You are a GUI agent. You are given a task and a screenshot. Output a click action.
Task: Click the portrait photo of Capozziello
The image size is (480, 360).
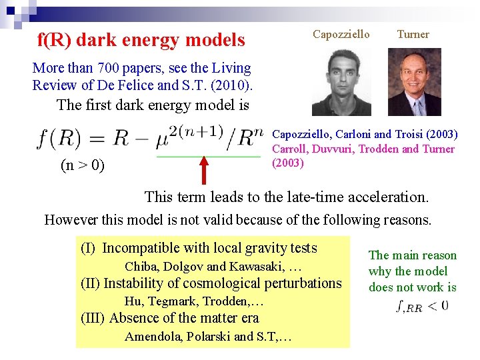pos(341,81)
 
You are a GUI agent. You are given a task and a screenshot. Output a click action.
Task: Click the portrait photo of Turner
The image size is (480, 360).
pos(414,81)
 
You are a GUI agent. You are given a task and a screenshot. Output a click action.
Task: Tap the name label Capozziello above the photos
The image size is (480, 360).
pos(341,34)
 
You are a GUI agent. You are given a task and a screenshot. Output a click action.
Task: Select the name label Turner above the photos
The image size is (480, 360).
pos(413,34)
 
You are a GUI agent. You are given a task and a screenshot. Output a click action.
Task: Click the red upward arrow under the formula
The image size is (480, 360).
pos(204,169)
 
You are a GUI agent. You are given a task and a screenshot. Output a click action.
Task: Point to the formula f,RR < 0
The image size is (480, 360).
pos(421,306)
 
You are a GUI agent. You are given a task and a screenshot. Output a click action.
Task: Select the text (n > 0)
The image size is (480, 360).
pos(82,165)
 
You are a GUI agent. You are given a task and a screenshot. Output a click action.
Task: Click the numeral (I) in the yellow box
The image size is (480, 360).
pos(88,249)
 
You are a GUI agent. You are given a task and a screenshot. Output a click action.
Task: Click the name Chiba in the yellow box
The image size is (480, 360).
pos(141,267)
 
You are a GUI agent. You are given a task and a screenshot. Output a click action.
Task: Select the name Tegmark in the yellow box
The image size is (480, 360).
pos(175,301)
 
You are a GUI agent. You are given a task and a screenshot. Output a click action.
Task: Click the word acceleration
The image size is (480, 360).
pos(391,197)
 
